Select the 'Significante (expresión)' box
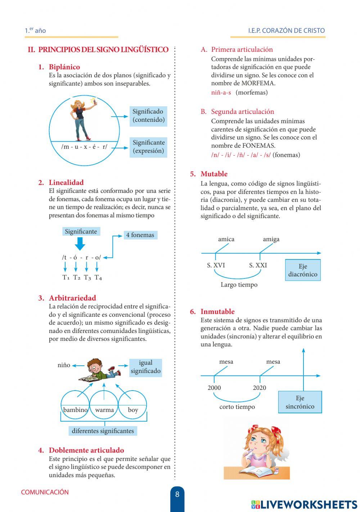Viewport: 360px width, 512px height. coord(148,147)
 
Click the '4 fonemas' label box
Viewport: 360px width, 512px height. coord(140,235)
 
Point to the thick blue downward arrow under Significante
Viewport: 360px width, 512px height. coord(80,244)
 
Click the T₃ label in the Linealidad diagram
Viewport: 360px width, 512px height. coord(87,277)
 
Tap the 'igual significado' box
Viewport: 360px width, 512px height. coord(145,367)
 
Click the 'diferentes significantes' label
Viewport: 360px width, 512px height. coord(103,431)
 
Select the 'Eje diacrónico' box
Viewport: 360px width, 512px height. coord(303,270)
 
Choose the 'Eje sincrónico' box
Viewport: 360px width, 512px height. coord(300,402)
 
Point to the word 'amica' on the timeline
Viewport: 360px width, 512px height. coord(226,239)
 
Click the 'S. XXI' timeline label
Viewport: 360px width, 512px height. coord(258,266)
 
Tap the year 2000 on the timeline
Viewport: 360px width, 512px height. coord(214,388)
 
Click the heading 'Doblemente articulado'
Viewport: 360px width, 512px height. coord(86,450)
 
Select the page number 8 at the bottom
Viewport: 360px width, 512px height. coord(177,495)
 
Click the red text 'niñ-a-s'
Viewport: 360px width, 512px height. coord(221,93)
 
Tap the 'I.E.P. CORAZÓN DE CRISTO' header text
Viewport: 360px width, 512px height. coord(286,31)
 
